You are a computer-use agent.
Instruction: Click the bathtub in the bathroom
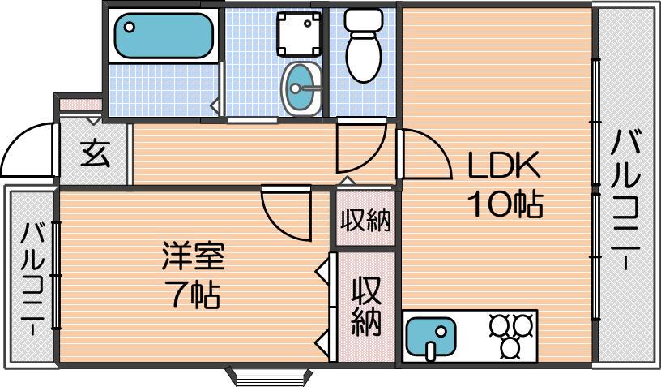coord(164,36)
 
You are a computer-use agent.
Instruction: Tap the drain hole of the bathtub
coord(130,27)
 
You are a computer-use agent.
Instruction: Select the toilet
coord(364,45)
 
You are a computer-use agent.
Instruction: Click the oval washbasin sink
coord(301,88)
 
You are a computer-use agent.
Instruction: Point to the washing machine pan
coord(299,34)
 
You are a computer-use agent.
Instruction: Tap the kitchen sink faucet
coord(431,350)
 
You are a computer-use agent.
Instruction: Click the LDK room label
coord(504,165)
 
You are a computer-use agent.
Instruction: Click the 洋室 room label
coord(193,256)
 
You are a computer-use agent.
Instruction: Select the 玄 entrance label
coord(96,153)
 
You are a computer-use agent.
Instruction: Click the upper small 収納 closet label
coord(366,220)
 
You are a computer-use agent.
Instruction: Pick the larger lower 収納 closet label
coord(366,306)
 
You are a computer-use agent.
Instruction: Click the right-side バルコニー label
coord(626,200)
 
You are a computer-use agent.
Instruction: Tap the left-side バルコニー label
coord(33,279)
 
